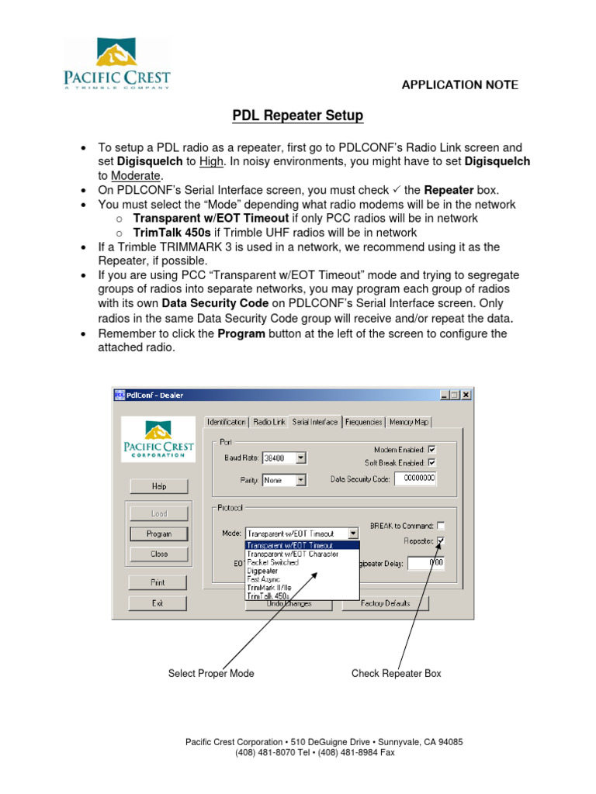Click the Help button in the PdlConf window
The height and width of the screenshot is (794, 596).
[x=158, y=486]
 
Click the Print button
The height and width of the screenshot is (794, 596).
[x=158, y=582]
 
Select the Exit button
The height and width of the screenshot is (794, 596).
[x=158, y=602]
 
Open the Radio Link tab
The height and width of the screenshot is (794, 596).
[x=269, y=422]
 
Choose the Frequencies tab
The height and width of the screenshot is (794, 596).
[x=364, y=422]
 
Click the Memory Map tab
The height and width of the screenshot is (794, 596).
[x=409, y=422]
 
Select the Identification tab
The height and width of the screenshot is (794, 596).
[x=227, y=422]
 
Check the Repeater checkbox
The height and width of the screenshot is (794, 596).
[x=441, y=540]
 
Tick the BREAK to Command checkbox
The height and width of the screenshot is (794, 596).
[x=441, y=525]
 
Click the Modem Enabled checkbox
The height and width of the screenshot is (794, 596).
[x=432, y=449]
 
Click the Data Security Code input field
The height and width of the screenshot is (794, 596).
[x=415, y=479]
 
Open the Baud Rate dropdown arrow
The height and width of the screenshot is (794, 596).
[x=301, y=458]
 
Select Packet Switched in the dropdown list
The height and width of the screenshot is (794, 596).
[x=272, y=562]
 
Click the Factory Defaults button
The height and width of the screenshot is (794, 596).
[x=386, y=602]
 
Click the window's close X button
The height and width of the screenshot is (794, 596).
[x=466, y=395]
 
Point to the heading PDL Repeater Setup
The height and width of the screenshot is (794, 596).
[x=298, y=116]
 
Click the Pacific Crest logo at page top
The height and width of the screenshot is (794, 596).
[x=117, y=64]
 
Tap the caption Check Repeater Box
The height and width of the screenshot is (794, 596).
[x=396, y=673]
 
